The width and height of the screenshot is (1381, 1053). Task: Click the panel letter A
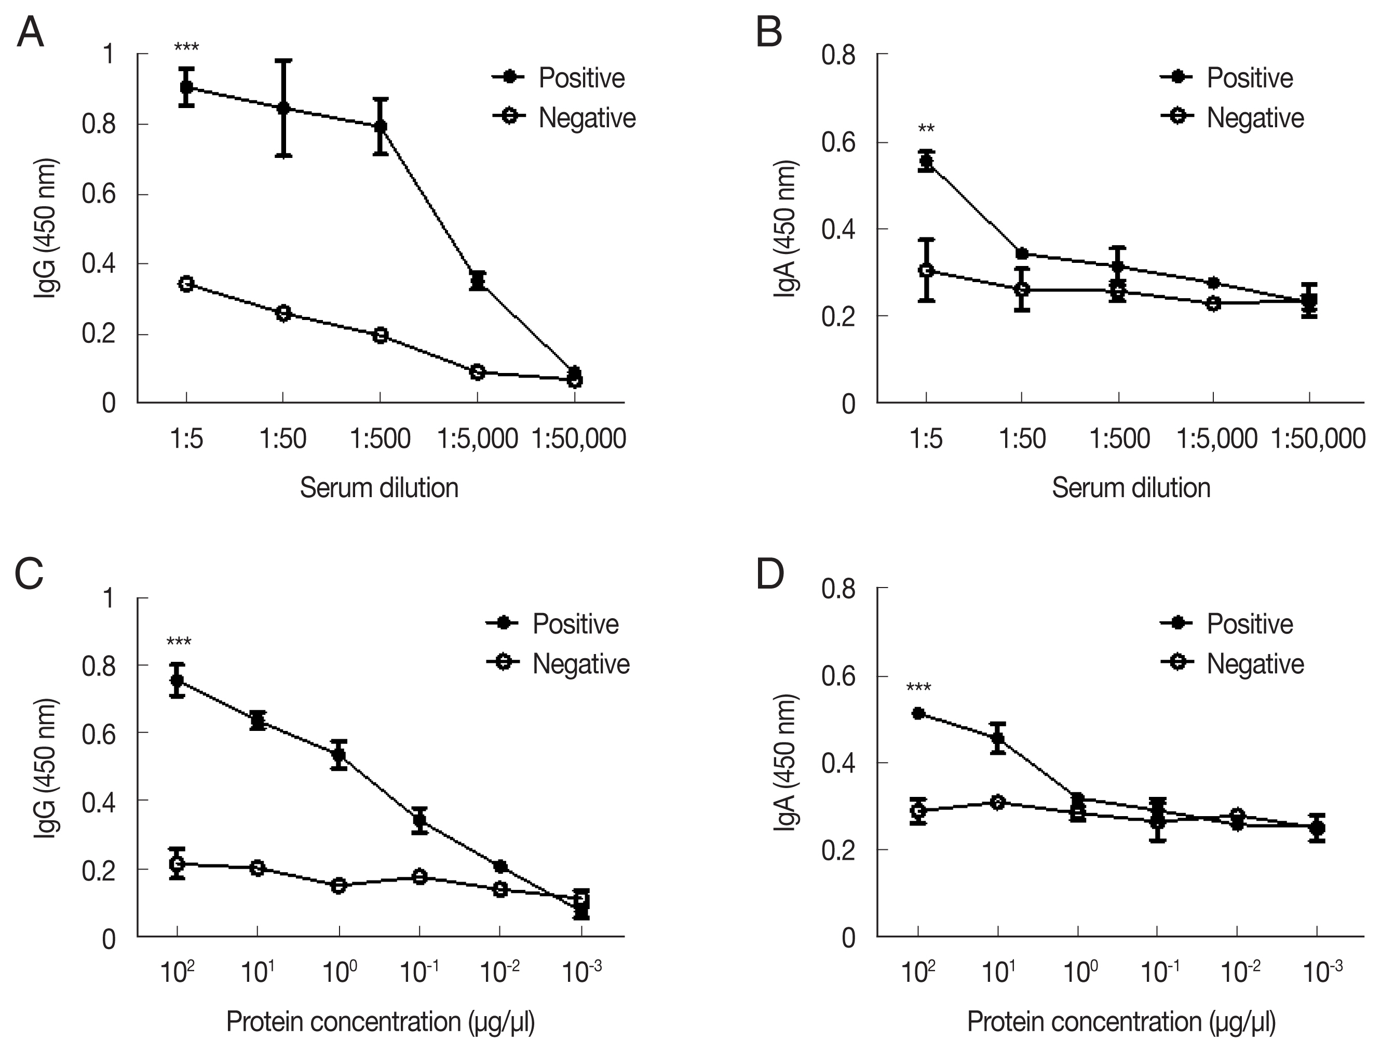30,33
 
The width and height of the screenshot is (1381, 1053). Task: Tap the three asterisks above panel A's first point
186,48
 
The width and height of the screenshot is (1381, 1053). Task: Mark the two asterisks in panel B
926,130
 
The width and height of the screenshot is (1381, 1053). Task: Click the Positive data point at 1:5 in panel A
186,87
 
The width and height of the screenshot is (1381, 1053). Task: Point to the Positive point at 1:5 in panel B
926,161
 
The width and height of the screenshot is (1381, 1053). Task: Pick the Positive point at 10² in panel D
918,713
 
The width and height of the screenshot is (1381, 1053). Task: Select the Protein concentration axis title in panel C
380,1022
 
